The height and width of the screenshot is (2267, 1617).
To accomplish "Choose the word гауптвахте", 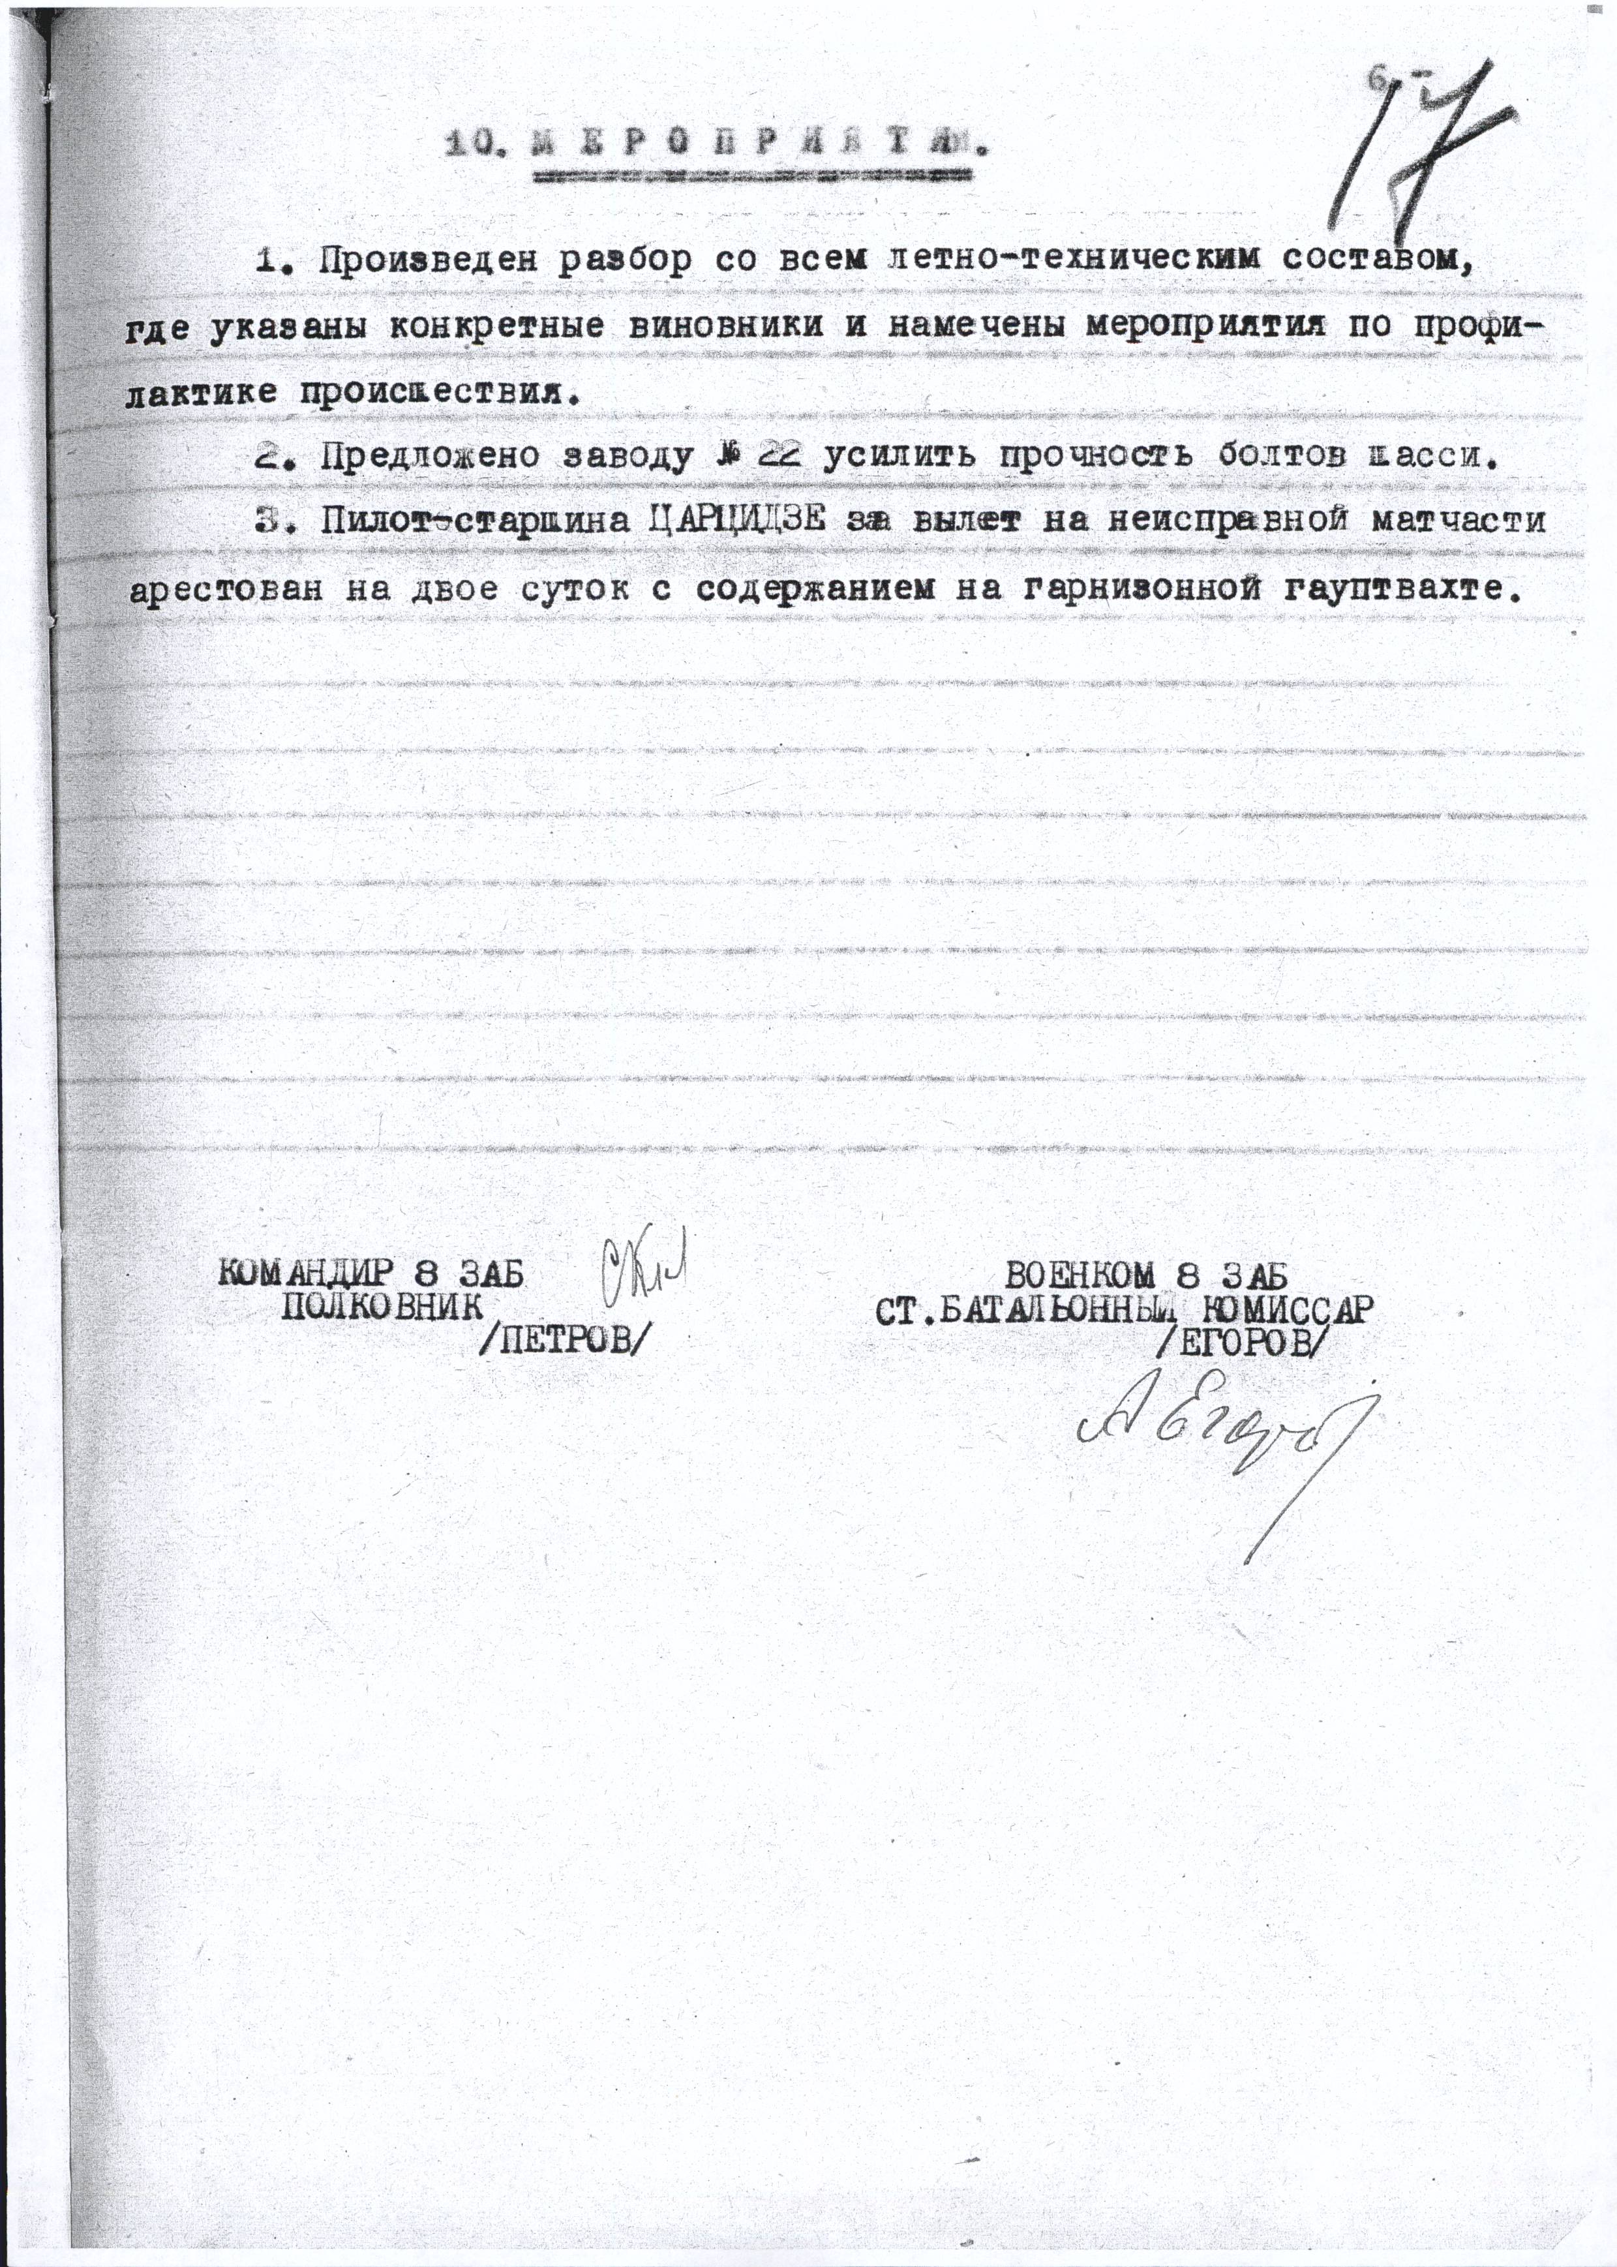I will click(x=1403, y=589).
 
